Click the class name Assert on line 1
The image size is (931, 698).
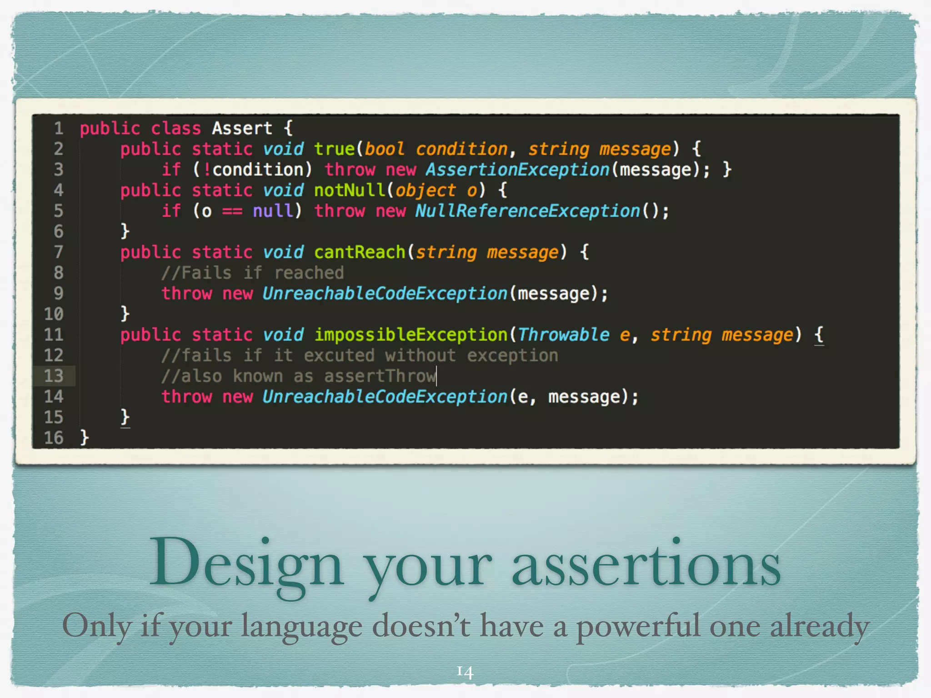click(x=242, y=128)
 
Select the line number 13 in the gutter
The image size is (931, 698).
click(x=54, y=376)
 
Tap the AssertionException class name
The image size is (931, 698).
click(x=517, y=170)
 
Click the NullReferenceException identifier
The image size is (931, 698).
click(x=527, y=211)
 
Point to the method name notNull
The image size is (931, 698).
click(x=349, y=190)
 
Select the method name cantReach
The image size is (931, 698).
click(x=359, y=252)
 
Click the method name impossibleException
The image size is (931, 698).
click(x=410, y=335)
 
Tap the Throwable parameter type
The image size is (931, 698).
click(x=564, y=335)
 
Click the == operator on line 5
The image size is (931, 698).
click(x=232, y=211)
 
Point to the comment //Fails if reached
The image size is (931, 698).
click(x=253, y=273)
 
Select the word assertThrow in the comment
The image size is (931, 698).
click(x=380, y=376)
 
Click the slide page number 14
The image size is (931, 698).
click(x=465, y=671)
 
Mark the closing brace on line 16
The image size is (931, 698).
click(x=85, y=438)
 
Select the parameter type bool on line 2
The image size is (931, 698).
click(x=384, y=149)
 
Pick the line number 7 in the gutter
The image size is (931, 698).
click(x=58, y=252)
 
